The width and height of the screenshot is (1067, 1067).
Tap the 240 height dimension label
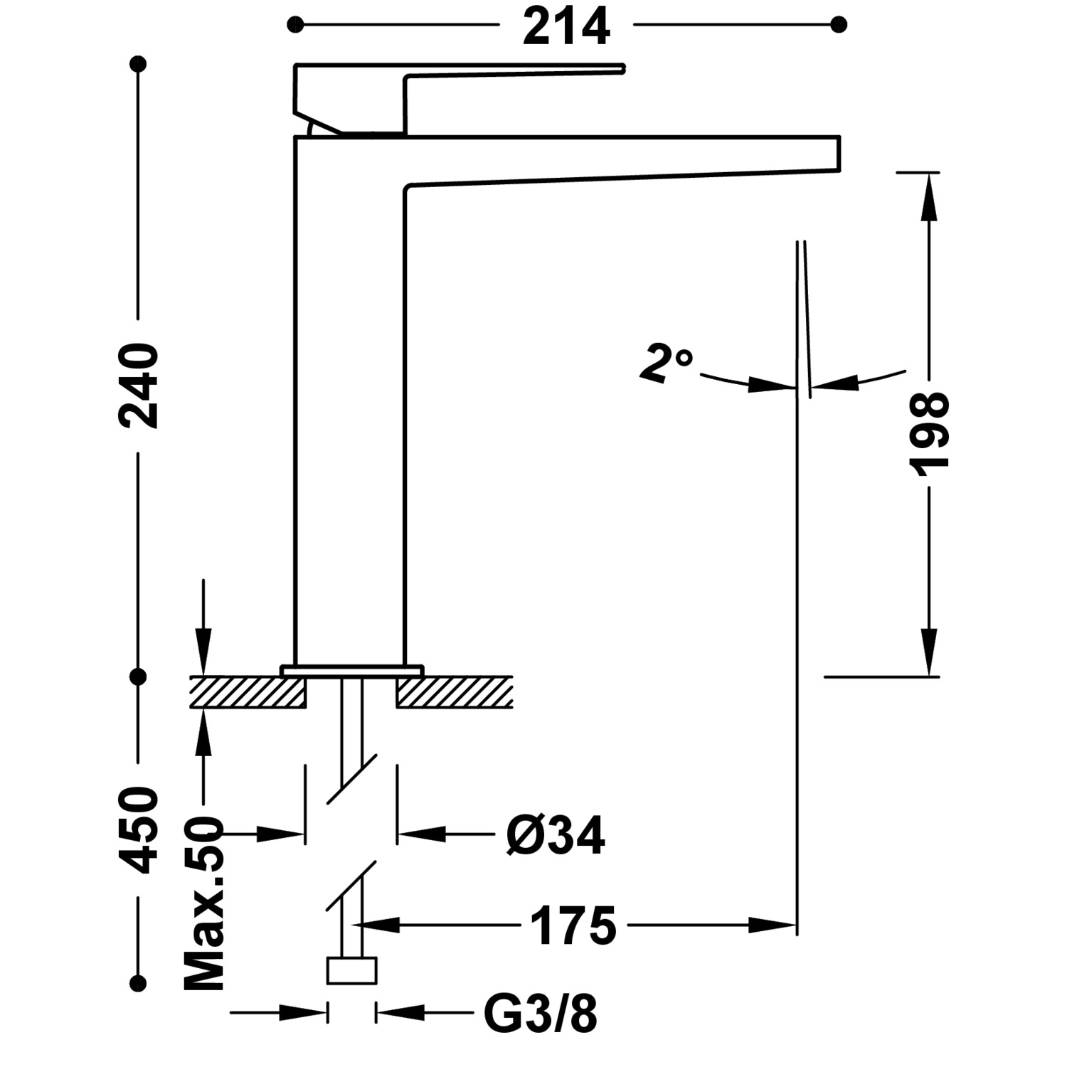point(139,386)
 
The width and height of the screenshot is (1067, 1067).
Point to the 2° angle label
point(665,363)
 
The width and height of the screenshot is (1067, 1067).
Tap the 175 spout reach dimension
point(573,926)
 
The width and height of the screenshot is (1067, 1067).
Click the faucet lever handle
point(459,98)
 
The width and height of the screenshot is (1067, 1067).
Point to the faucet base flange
point(351,671)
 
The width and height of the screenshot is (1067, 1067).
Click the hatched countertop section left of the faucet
point(247,692)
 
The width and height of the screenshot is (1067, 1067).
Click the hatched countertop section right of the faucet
point(455,692)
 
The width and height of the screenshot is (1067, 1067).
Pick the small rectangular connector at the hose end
point(351,971)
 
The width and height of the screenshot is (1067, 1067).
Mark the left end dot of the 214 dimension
point(294,26)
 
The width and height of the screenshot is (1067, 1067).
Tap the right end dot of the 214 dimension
point(839,26)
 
